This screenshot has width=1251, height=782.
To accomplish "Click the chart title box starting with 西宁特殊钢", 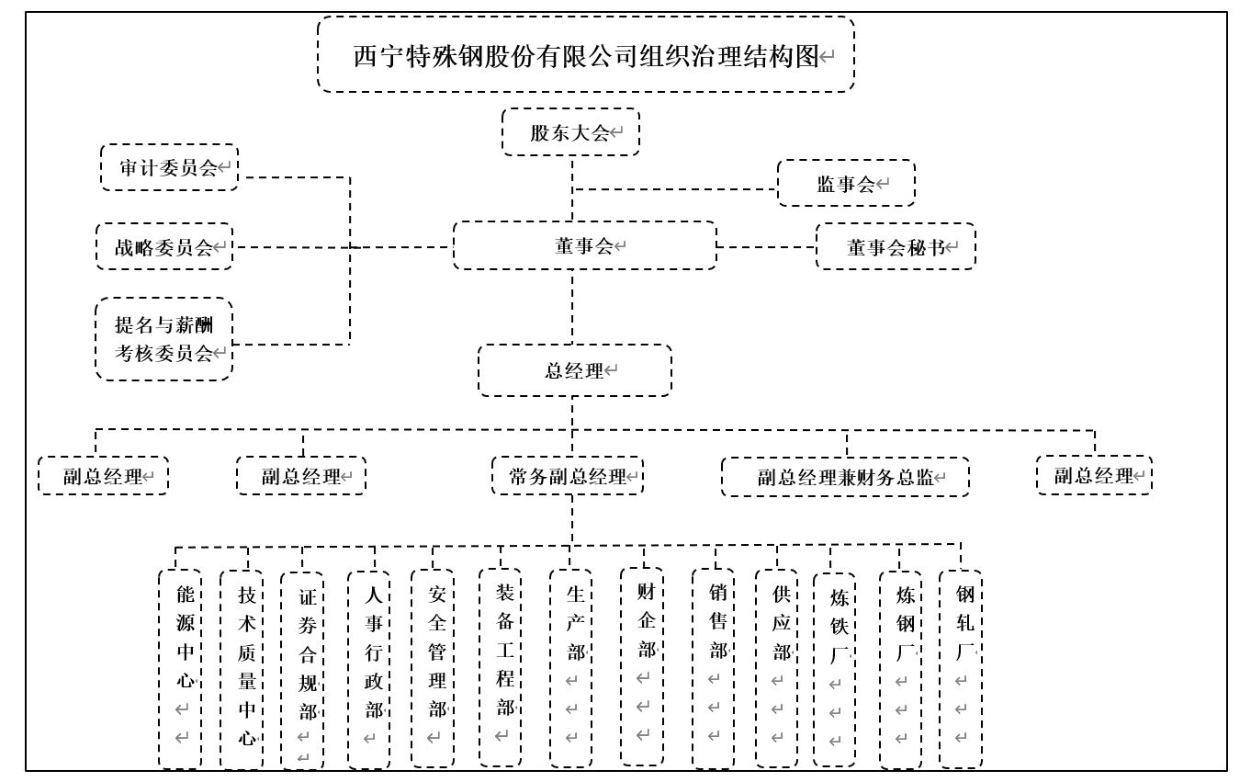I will [x=586, y=54].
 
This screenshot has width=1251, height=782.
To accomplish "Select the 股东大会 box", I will [x=570, y=132].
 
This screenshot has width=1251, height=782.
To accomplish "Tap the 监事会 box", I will [x=846, y=183].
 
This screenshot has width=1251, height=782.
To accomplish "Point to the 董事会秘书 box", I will [x=896, y=246].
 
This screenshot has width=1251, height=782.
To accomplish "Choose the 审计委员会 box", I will [x=169, y=167].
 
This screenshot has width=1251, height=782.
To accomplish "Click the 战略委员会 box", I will [x=164, y=246].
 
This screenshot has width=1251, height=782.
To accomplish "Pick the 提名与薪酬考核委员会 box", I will [x=164, y=338].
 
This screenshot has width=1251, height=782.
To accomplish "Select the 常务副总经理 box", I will [x=568, y=476].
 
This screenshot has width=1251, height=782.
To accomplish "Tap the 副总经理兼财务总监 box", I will [x=845, y=477].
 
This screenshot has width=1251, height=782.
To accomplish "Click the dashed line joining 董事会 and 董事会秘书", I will [x=766, y=246].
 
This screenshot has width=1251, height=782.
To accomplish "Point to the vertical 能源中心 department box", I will [x=180, y=668].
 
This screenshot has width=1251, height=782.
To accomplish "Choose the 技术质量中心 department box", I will [x=241, y=669].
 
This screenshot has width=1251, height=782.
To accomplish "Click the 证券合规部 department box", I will [x=302, y=670].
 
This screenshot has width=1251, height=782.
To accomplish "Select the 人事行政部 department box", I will [x=368, y=669].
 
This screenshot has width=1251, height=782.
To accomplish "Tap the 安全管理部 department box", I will [x=432, y=668].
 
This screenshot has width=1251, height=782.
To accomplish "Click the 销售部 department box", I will [x=713, y=668].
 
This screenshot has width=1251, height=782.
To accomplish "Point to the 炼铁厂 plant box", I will [x=834, y=670].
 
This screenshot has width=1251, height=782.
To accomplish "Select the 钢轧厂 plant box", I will [x=960, y=669].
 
